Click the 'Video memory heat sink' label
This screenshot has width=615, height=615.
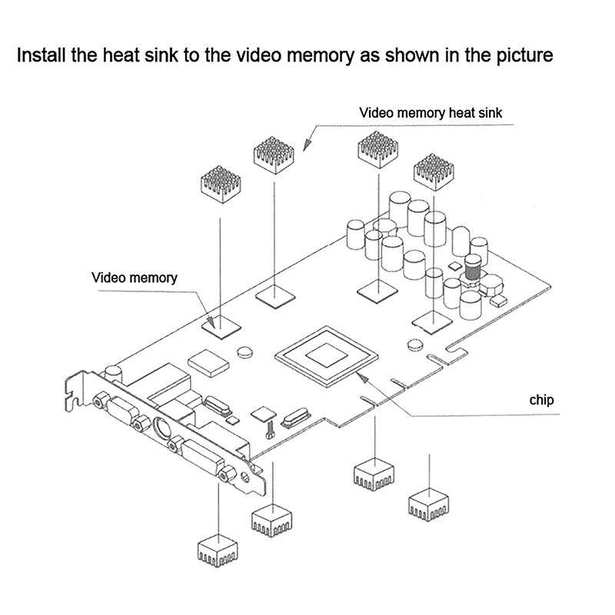click(431, 113)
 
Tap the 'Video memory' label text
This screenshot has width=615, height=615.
click(135, 278)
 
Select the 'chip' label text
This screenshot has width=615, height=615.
click(541, 400)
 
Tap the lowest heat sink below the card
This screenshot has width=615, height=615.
click(219, 548)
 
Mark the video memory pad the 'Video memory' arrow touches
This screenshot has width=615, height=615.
click(221, 324)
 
